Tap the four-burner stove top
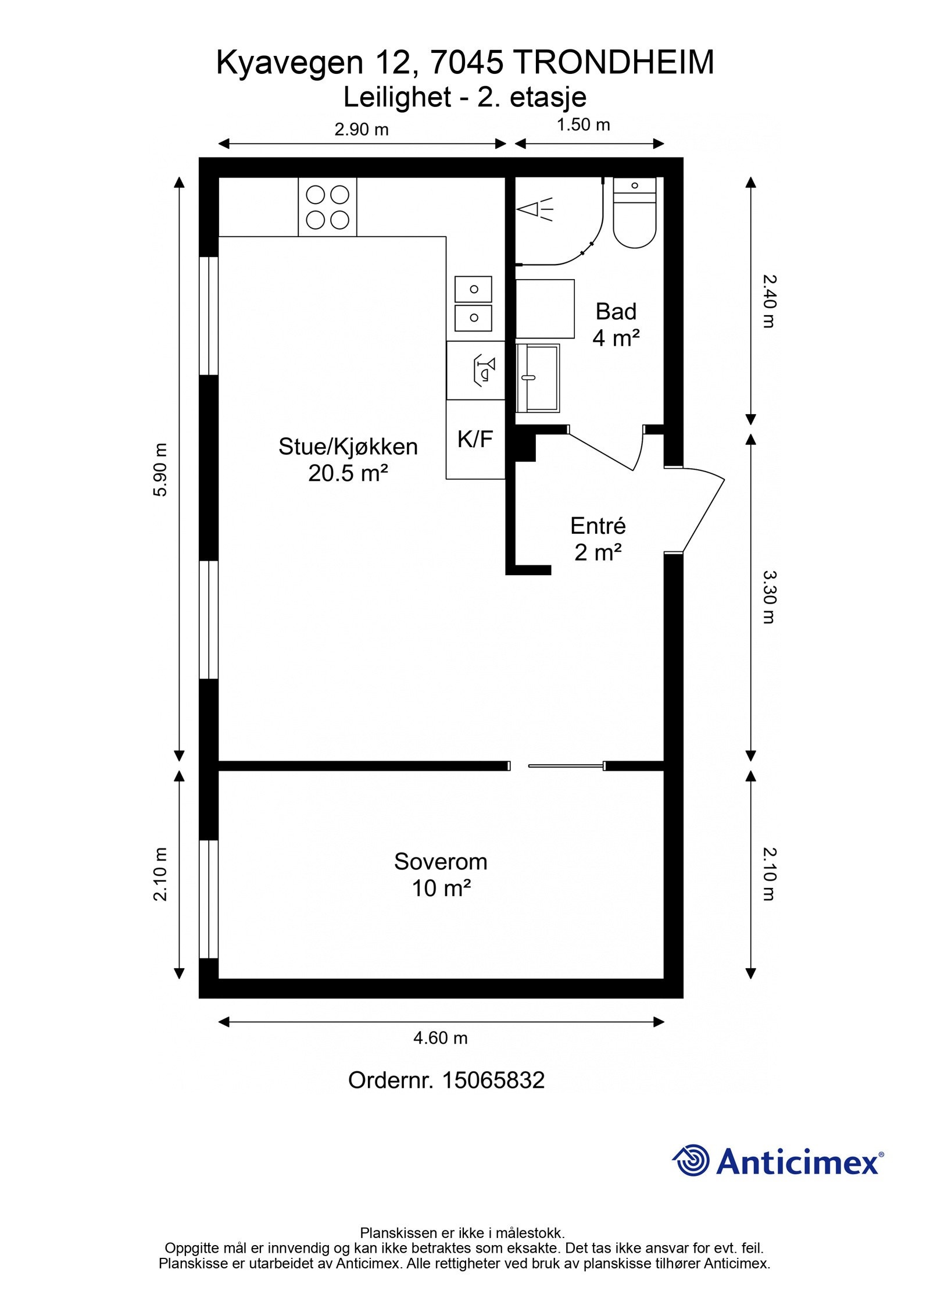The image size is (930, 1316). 327,207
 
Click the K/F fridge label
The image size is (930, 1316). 475,440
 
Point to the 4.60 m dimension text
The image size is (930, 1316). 440,1037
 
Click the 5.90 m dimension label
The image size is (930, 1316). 160,470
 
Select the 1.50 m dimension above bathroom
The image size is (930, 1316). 583,125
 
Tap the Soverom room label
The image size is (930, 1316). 440,861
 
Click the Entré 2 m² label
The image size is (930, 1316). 598,538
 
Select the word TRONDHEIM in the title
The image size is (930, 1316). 614,63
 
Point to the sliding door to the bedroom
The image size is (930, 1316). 566,766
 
